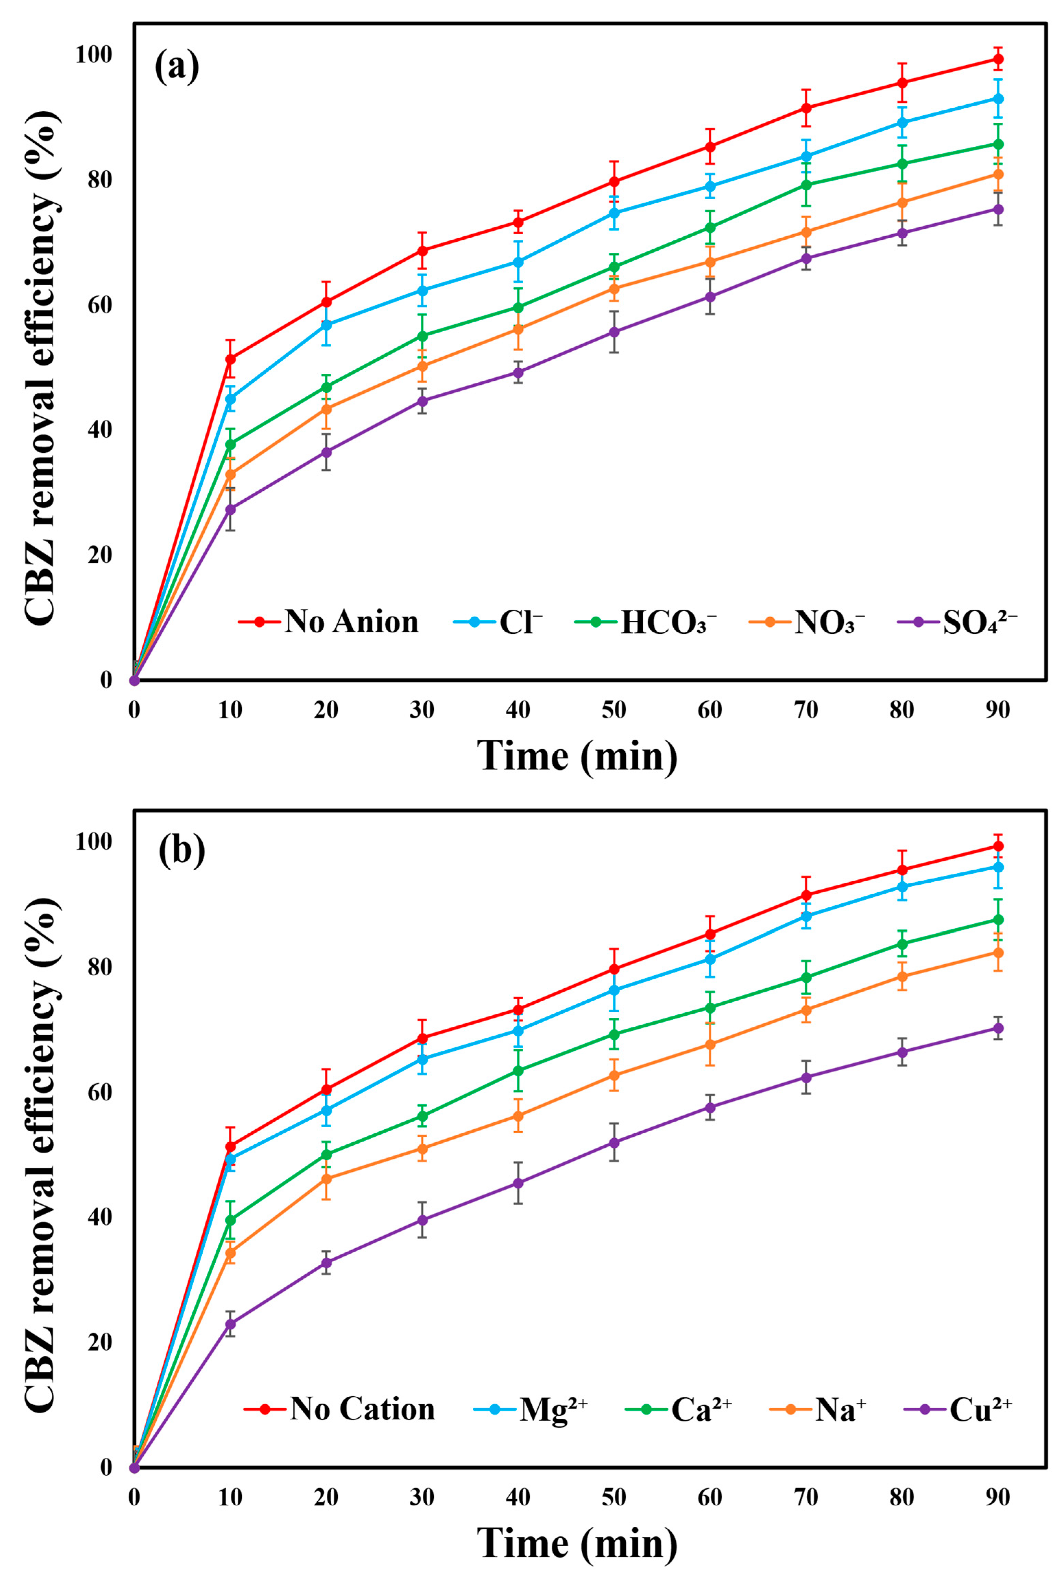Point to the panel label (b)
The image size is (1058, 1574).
[x=181, y=852]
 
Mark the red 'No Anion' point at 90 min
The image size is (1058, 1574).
[x=998, y=59]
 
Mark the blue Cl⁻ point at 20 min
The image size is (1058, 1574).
[x=327, y=325]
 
